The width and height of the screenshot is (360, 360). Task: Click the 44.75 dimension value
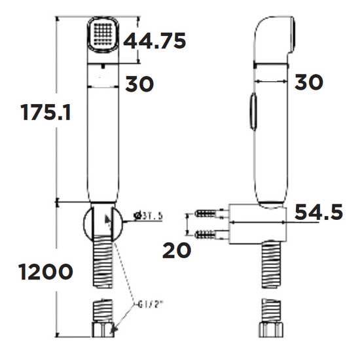point(155,40)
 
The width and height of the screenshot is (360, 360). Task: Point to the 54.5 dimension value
point(319,213)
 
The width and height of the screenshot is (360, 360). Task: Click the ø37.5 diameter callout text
point(148,216)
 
